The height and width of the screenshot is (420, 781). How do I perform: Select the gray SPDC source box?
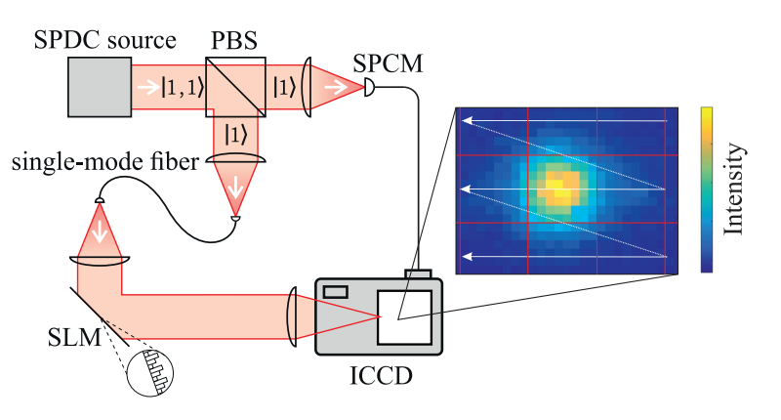point(99,86)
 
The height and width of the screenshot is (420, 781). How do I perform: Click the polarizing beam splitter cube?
point(236,86)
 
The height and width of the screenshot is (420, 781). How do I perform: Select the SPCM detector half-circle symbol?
point(368,88)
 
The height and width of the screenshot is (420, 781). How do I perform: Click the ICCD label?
point(381,373)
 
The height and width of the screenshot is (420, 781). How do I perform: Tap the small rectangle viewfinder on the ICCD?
point(337,290)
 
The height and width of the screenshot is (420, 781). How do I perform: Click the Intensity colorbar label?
point(737,189)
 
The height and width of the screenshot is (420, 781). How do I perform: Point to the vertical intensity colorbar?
point(706,189)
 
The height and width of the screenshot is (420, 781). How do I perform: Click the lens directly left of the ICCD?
point(294,315)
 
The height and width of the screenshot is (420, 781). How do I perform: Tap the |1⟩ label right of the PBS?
point(284,87)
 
